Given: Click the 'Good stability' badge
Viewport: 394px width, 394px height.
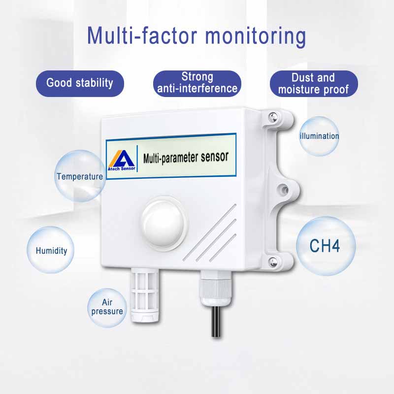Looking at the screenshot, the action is click(x=80, y=83).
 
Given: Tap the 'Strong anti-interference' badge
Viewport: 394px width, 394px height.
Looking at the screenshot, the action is click(x=197, y=83).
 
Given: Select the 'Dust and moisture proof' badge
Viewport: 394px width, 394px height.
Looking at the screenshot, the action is click(x=314, y=83).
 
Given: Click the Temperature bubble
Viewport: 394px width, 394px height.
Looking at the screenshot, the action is click(x=80, y=176).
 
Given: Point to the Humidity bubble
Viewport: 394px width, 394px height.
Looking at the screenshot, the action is click(x=51, y=250).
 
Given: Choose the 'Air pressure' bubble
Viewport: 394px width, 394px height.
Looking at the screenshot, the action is click(x=107, y=308).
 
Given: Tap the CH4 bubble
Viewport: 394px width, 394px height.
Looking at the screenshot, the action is click(x=326, y=246).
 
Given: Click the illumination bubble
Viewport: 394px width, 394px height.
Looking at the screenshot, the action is click(x=319, y=136).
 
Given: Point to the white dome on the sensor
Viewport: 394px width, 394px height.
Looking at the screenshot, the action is click(x=164, y=222).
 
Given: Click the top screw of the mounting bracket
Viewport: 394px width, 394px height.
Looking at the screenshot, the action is click(x=273, y=117).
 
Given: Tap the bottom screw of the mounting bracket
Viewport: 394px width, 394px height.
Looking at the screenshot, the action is click(x=273, y=262).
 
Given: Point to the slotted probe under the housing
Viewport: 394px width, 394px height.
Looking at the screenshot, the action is click(x=145, y=295).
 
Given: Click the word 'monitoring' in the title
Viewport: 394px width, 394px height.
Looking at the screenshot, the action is click(x=256, y=36).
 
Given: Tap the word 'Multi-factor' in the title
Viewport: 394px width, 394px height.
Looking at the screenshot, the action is click(x=142, y=35).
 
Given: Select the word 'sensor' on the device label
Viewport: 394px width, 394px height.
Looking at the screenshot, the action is click(x=214, y=157).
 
